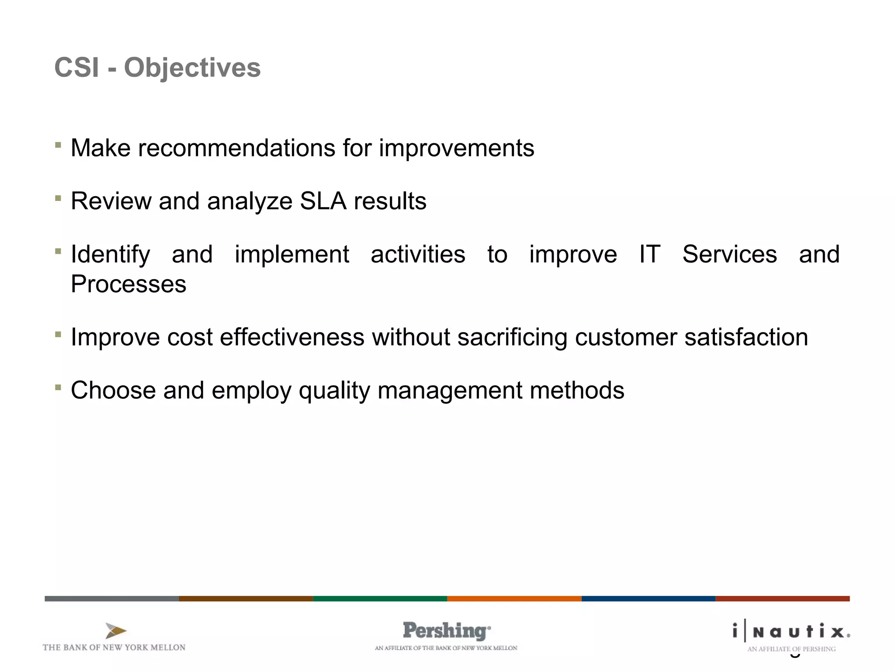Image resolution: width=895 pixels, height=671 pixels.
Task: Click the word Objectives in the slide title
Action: point(192,68)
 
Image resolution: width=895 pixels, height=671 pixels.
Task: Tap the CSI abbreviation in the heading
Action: point(76,68)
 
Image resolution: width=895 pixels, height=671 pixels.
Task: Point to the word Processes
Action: point(128,284)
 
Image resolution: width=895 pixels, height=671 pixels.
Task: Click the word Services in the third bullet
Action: point(729,254)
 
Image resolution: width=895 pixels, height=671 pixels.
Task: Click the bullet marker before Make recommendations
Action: point(58,145)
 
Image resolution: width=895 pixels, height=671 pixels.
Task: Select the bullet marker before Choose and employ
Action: point(58,387)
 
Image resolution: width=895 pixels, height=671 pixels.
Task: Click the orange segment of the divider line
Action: point(514,598)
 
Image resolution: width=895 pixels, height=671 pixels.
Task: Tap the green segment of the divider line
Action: point(380,598)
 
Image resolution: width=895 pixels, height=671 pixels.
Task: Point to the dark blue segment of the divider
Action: point(648,598)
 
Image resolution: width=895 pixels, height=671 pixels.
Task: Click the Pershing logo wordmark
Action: point(446,631)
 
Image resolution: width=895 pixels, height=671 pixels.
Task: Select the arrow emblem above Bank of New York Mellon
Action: point(115,631)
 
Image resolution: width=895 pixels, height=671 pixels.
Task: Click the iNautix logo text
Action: point(791,632)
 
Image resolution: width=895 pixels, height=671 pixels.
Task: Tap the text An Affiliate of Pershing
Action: point(791,649)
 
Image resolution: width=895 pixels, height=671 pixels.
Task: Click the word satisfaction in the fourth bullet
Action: point(746,337)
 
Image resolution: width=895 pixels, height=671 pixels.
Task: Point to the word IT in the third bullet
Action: point(649,254)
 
